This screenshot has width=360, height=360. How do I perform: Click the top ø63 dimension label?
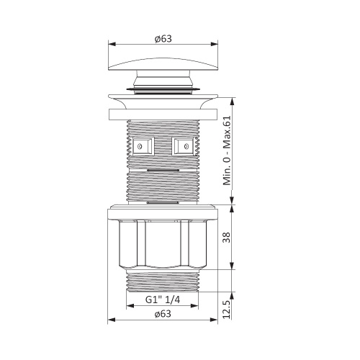tap(163, 39)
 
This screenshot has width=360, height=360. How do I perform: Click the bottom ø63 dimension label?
tap(163, 313)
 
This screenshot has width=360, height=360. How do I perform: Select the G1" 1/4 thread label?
tap(163, 300)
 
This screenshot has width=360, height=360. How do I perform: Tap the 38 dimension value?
tap(226, 238)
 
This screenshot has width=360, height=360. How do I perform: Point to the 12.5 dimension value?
tap(227, 309)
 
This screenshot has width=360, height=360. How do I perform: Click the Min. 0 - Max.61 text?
tap(227, 150)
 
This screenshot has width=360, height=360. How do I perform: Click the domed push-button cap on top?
tap(163, 64)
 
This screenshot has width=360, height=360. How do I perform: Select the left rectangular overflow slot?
tap(143, 146)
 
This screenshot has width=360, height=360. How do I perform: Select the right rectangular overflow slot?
tap(184, 146)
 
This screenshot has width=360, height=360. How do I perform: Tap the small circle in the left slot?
tap(140, 146)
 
